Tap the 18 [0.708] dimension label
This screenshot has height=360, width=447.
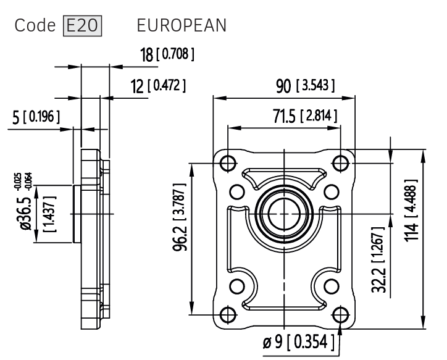coord(167,55)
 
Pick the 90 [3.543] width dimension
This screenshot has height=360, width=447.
coord(305,85)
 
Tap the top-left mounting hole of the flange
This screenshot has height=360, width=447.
coord(228,163)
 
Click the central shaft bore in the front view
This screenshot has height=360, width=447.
coord(283,213)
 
